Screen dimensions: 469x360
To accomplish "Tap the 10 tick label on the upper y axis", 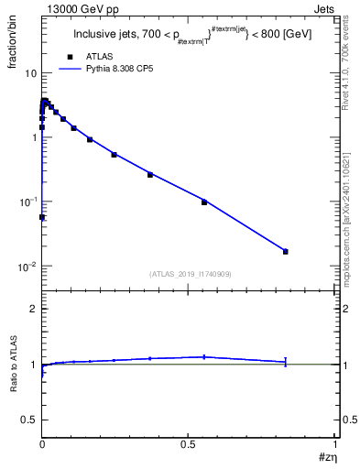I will pyautogui.click(x=30, y=73).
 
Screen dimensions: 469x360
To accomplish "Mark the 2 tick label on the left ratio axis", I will pyautogui.click(x=32, y=309).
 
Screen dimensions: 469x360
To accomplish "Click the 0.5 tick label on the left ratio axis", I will pyautogui.click(x=28, y=420).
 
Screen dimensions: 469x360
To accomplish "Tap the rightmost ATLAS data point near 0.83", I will pyautogui.click(x=286, y=251).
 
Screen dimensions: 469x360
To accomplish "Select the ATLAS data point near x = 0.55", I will pyautogui.click(x=204, y=202).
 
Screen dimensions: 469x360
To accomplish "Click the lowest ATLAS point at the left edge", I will pyautogui.click(x=42, y=217).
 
